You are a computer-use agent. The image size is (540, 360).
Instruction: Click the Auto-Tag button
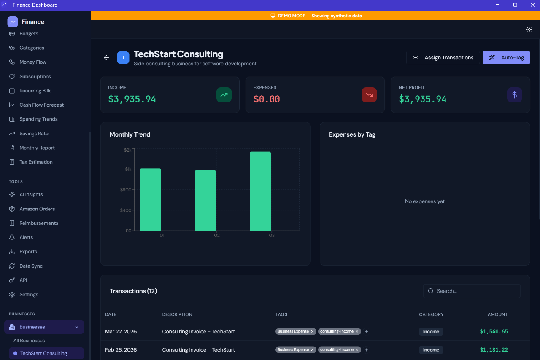(x=506, y=58)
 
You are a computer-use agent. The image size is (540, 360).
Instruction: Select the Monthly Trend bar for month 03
(x=260, y=191)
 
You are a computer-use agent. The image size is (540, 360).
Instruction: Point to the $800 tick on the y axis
(x=126, y=190)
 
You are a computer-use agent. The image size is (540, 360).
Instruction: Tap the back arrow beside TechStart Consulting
(x=106, y=58)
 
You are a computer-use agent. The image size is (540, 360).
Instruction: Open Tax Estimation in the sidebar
(x=36, y=162)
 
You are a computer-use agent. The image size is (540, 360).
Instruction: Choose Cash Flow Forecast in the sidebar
(x=41, y=105)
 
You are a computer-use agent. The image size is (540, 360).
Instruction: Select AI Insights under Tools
(x=31, y=194)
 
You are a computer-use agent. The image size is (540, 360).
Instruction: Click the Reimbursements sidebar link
(x=38, y=223)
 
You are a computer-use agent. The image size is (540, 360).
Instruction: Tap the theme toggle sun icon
(x=529, y=30)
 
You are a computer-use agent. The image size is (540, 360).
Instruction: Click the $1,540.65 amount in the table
(x=494, y=332)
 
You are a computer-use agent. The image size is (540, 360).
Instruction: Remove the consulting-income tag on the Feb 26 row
(x=357, y=350)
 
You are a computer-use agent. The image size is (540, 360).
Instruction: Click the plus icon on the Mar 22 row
(x=367, y=332)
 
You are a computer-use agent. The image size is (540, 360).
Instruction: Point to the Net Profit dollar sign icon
(x=514, y=95)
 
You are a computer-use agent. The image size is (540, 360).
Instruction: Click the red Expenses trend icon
(x=369, y=95)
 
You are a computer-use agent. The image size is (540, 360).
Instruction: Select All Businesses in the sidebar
(x=29, y=341)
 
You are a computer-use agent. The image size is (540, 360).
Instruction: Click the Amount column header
(x=497, y=314)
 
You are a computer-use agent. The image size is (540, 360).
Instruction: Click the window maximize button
(x=515, y=5)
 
